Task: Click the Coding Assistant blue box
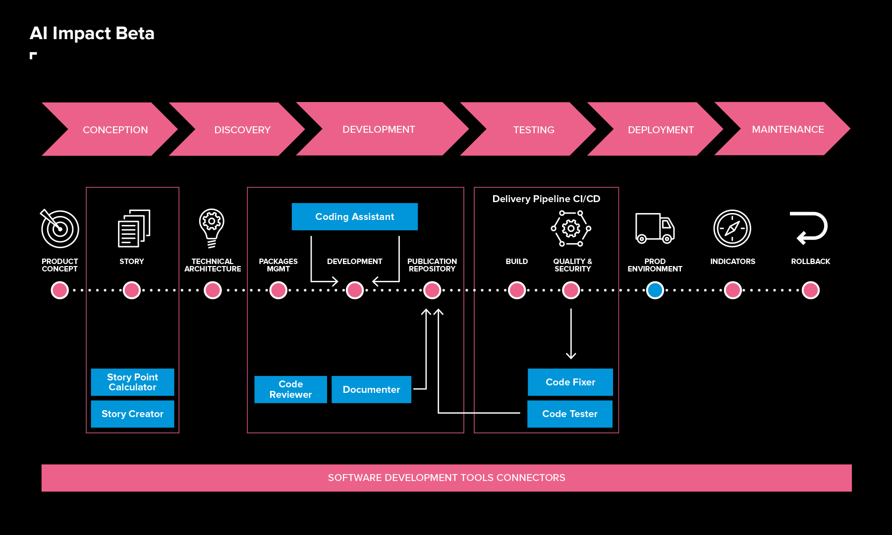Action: click(354, 216)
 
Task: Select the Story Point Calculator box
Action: click(132, 382)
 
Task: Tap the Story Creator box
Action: click(132, 414)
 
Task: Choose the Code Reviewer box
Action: click(290, 389)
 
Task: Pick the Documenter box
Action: click(371, 389)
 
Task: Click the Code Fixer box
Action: click(570, 382)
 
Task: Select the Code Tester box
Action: click(569, 414)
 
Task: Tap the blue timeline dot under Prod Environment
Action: click(655, 290)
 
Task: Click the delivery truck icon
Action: click(655, 228)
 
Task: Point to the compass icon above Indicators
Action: click(732, 228)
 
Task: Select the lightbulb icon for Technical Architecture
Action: click(212, 227)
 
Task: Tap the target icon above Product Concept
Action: click(59, 228)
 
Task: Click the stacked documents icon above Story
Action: click(134, 228)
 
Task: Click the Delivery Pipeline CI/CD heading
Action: click(546, 199)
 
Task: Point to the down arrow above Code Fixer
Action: click(571, 334)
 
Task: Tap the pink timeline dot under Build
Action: click(516, 290)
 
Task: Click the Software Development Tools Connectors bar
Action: click(446, 478)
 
